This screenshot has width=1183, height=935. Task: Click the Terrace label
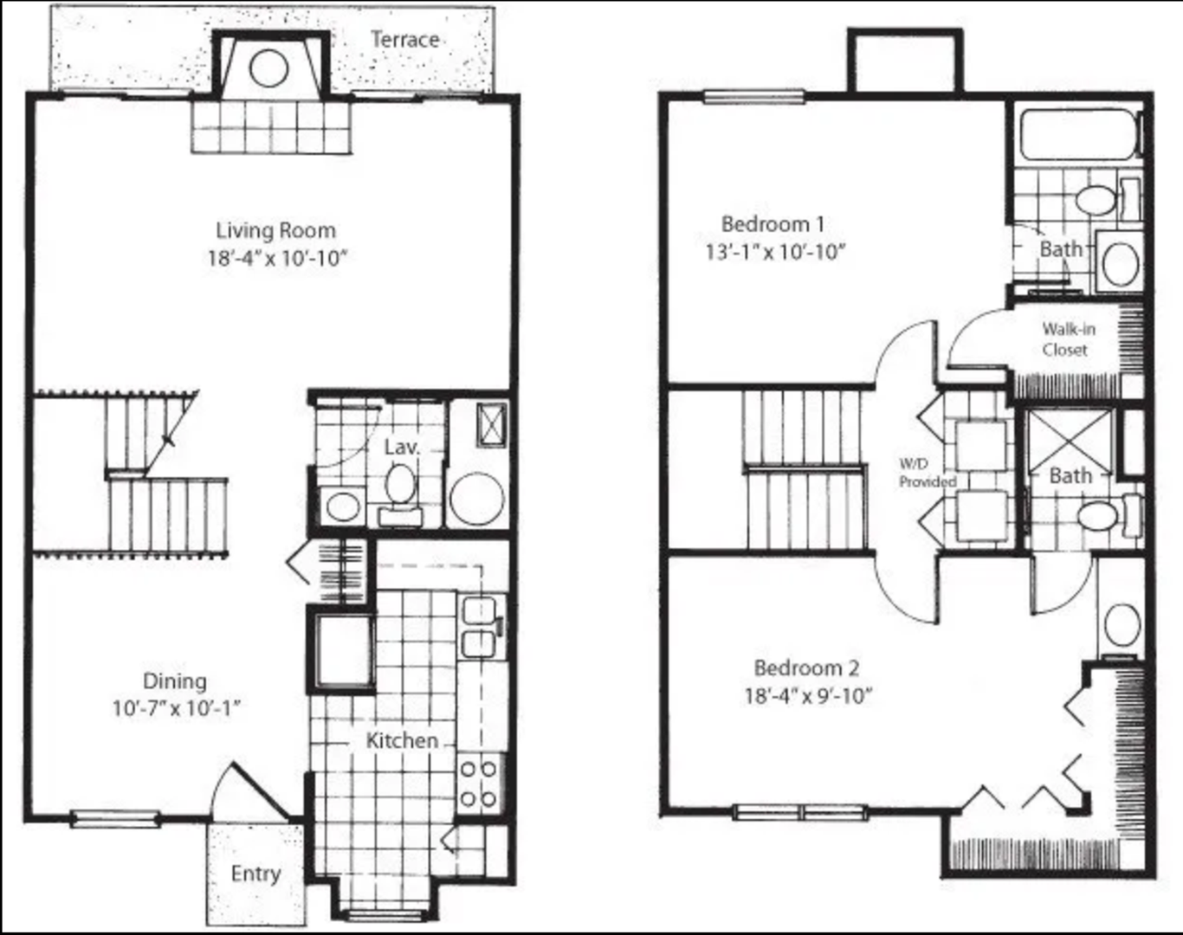click(x=404, y=40)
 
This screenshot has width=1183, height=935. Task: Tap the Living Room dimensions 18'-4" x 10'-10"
click(x=276, y=258)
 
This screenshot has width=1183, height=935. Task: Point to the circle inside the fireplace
click(x=268, y=68)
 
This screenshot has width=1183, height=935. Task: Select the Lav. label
click(x=402, y=447)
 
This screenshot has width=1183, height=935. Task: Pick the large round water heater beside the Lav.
click(x=476, y=498)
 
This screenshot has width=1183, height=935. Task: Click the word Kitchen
click(x=402, y=741)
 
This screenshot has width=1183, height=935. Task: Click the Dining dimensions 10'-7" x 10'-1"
click(x=176, y=709)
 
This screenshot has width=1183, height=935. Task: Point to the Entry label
click(x=255, y=874)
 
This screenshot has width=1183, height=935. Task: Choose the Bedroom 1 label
click(x=773, y=224)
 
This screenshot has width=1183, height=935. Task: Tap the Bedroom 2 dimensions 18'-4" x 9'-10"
click(x=807, y=696)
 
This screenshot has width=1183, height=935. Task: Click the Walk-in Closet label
click(x=1068, y=339)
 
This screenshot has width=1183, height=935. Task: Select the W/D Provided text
click(x=927, y=474)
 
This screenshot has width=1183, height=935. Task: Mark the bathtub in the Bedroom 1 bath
click(x=1078, y=135)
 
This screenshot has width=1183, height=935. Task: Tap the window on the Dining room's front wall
click(x=114, y=818)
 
